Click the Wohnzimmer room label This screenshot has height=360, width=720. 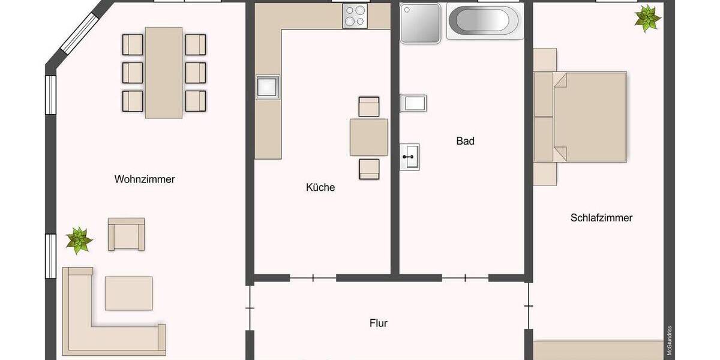click(145, 179)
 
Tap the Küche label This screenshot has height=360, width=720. click(320, 187)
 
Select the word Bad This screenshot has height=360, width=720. click(465, 141)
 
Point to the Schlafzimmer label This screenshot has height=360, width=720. click(601, 218)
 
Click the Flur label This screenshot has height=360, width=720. click(379, 323)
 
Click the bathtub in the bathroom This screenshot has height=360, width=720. click(485, 22)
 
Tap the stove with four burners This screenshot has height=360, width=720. click(355, 16)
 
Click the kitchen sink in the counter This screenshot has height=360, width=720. click(268, 87)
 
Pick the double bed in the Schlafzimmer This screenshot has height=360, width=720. click(590, 116)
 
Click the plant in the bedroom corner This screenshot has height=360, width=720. click(647, 18)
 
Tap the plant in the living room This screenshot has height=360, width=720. click(79, 240)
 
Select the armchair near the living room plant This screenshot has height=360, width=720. click(126, 234)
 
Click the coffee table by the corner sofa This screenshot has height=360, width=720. click(128, 293)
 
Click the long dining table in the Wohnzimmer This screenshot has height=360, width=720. click(164, 72)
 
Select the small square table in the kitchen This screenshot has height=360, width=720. click(368, 137)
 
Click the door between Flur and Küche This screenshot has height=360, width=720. click(313, 278)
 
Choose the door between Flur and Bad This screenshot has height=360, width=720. click(465, 278)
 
